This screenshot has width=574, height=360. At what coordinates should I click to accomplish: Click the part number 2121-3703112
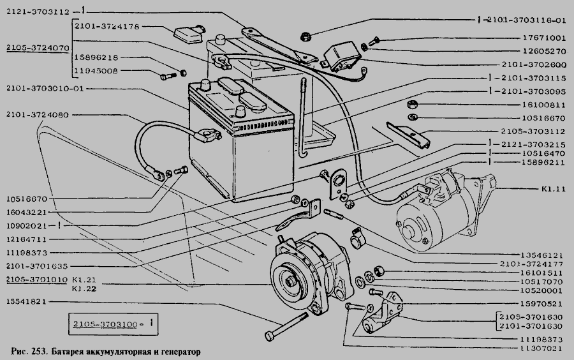coord(38,11)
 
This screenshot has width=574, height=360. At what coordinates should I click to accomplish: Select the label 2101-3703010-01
coord(45,88)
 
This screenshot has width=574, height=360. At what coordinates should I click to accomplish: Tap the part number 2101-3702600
coord(534,65)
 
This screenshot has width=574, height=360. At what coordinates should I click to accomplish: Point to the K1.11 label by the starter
coord(553,189)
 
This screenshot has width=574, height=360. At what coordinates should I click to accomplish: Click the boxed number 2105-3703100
coord(105,324)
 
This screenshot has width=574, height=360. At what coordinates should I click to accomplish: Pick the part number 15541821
coord(26,302)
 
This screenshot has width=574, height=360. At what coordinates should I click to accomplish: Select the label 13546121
coord(541,255)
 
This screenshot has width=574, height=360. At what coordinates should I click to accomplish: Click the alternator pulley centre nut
coord(291,281)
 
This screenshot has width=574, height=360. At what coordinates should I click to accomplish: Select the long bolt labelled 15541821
coord(286,326)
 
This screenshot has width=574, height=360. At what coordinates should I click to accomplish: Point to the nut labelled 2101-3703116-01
coord(305,36)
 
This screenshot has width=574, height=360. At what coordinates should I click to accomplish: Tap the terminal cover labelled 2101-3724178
coord(189,34)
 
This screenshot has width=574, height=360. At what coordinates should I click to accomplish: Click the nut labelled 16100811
coord(412,104)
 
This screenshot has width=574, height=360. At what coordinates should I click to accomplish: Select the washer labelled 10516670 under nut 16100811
coord(412,117)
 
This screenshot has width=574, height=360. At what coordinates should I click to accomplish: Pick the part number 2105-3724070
coord(38,48)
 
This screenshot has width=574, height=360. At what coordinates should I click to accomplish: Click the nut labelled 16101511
coord(379,271)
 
